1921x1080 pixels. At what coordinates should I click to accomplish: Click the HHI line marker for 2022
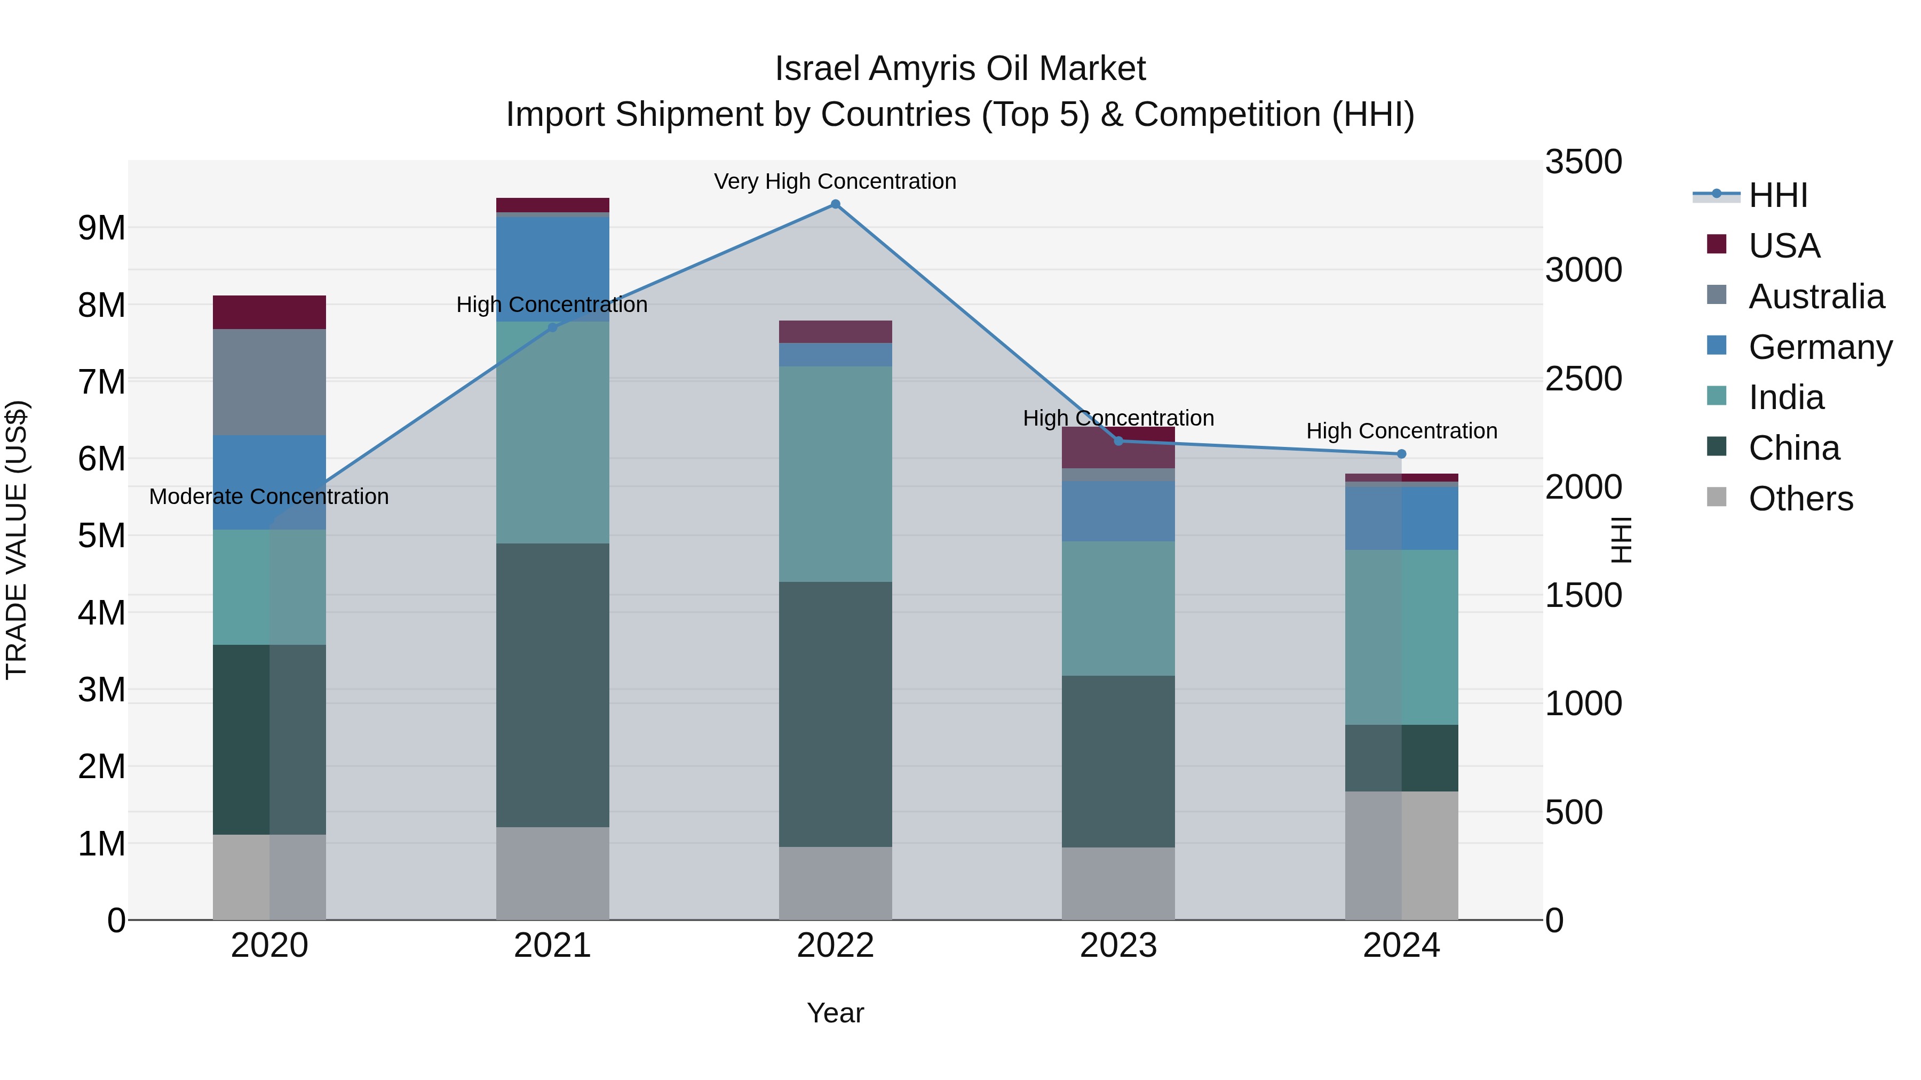835,204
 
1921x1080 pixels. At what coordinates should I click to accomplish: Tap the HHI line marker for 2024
1401,454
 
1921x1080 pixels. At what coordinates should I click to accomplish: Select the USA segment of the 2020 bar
269,313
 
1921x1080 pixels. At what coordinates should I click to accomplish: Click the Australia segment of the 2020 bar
269,382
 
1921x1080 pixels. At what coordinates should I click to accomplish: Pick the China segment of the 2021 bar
553,684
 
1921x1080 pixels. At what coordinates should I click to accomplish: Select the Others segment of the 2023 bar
1118,883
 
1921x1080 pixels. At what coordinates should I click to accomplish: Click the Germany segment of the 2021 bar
553,268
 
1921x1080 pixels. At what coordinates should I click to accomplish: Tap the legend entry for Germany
1820,347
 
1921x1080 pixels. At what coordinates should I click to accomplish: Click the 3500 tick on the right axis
1583,162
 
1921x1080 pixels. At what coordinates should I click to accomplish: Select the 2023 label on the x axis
1118,946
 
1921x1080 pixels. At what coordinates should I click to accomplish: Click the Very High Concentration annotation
835,181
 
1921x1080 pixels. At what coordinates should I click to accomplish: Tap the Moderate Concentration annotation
269,497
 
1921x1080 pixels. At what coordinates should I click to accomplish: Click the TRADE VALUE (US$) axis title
17,540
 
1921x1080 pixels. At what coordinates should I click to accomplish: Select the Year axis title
835,1013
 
